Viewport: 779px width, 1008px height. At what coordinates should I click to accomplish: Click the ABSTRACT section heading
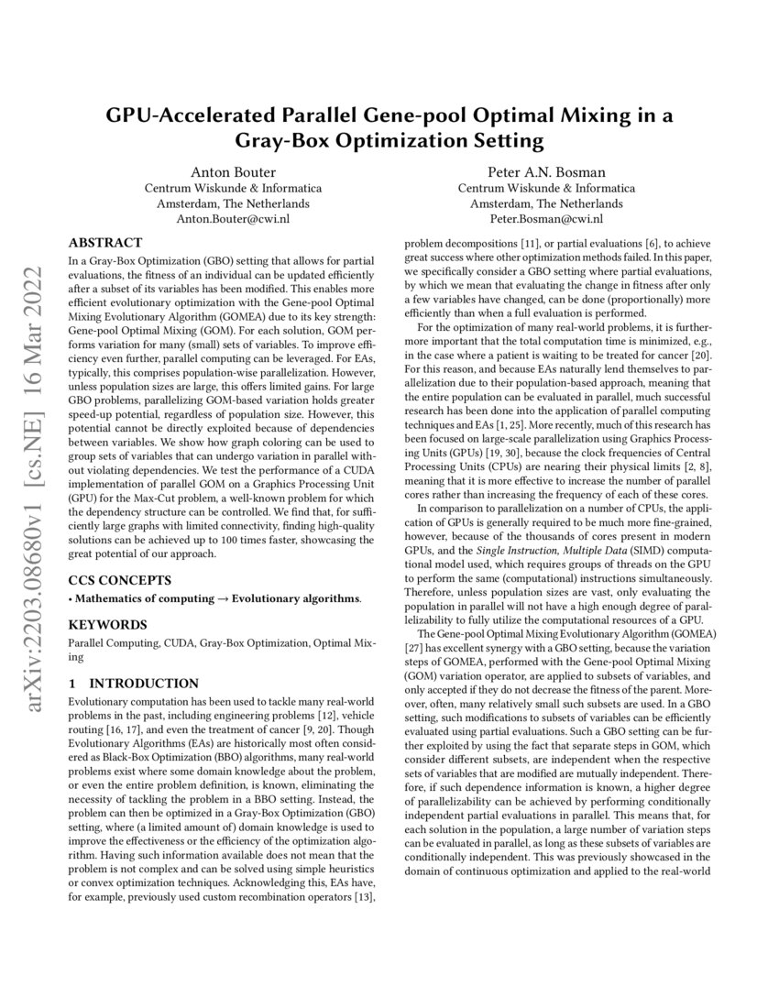tap(105, 243)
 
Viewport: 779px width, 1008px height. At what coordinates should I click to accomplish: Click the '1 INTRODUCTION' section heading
tap(134, 684)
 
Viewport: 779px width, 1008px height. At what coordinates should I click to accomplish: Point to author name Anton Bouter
tap(233, 172)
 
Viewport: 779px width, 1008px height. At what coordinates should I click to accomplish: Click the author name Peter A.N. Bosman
tap(546, 172)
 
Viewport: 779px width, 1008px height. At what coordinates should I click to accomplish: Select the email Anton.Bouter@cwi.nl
tap(233, 220)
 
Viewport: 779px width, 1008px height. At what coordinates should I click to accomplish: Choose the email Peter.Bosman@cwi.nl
tap(546, 220)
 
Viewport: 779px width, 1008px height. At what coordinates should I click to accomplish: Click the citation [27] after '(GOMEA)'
tap(416, 646)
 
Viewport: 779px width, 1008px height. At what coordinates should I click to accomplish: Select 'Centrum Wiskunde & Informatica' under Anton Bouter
tap(233, 189)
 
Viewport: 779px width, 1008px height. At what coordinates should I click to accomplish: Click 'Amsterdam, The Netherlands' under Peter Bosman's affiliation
tap(546, 204)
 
